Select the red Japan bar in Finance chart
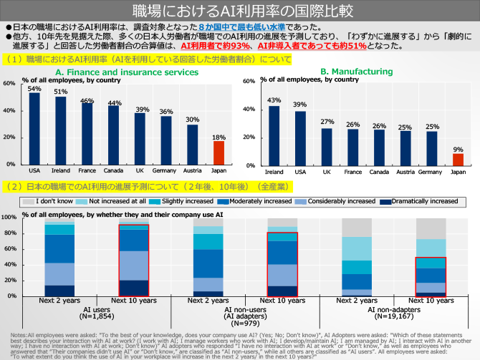(x=219, y=153)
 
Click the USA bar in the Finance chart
(x=34, y=129)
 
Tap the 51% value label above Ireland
(x=61, y=92)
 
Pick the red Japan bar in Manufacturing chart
(x=458, y=159)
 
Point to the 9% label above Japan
(x=458, y=149)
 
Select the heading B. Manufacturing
(x=355, y=72)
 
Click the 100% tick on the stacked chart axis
(x=9, y=217)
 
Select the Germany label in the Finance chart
(x=165, y=171)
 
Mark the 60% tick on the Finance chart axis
(x=9, y=83)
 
